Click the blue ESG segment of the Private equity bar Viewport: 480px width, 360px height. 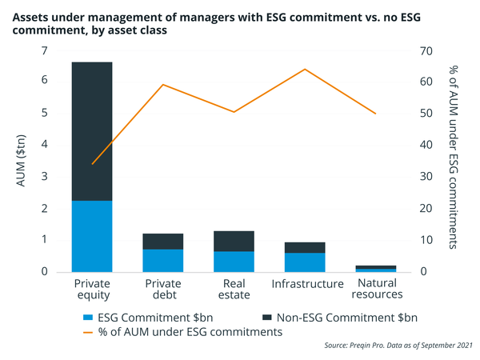pyautogui.click(x=92, y=236)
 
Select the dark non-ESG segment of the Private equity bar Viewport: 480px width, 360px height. pyautogui.click(x=92, y=131)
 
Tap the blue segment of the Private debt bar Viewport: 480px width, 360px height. pyautogui.click(x=163, y=261)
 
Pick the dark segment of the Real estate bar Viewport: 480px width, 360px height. pyautogui.click(x=234, y=241)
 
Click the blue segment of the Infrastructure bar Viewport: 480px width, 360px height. pyautogui.click(x=304, y=262)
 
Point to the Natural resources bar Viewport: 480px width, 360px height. pyautogui.click(x=375, y=268)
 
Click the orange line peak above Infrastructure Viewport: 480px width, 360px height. pyautogui.click(x=305, y=69)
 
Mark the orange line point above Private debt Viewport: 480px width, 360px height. pyautogui.click(x=163, y=85)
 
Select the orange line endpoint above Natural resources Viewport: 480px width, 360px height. pyautogui.click(x=375, y=114)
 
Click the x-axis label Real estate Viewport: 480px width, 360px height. pyautogui.click(x=234, y=290)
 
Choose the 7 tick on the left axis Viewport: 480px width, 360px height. pyautogui.click(x=44, y=50)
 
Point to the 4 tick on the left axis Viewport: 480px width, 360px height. pyautogui.click(x=44, y=145)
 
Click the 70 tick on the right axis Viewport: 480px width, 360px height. pyautogui.click(x=426, y=50)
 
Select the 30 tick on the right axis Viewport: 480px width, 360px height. pyautogui.click(x=426, y=177)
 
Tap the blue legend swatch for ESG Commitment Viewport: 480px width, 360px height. pyautogui.click(x=89, y=317)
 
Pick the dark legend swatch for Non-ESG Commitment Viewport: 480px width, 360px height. pyautogui.click(x=264, y=317)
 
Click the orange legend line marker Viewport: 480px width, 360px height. pyautogui.click(x=89, y=332)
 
